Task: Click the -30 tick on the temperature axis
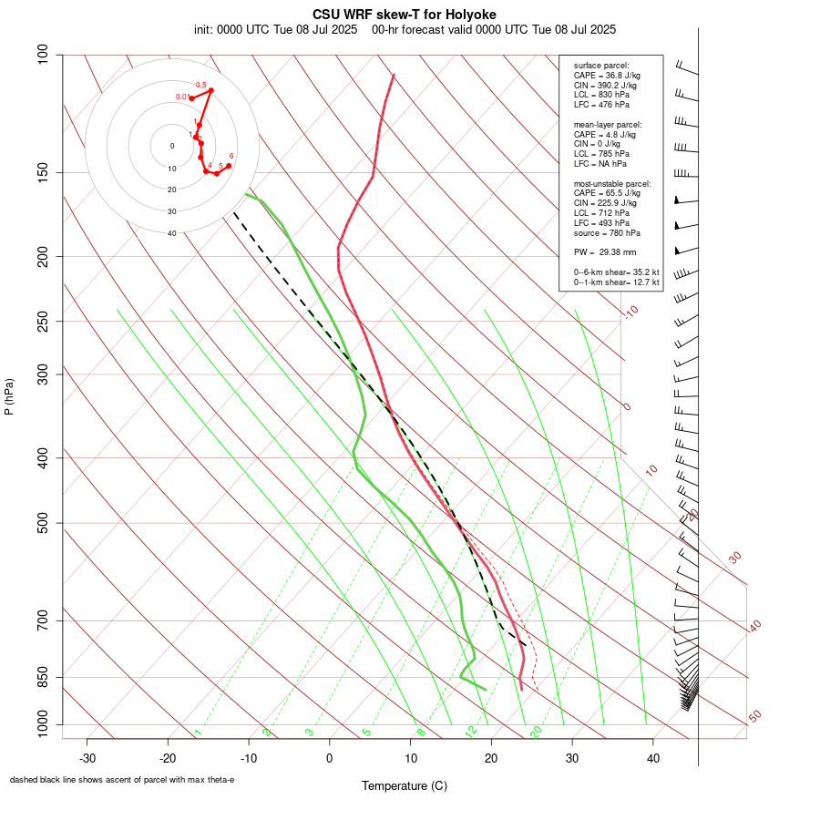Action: [87, 757]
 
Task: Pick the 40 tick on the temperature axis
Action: [652, 757]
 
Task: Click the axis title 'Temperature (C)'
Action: [404, 785]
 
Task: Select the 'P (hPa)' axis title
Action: [9, 397]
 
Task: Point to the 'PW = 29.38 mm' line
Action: [605, 252]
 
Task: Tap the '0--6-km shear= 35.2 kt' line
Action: [617, 272]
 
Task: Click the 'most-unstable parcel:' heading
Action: [612, 183]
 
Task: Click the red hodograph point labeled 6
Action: [229, 165]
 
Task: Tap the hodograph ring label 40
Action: [171, 233]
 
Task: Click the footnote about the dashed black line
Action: [122, 780]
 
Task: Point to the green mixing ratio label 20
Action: [537, 732]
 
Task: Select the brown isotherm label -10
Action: [630, 313]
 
